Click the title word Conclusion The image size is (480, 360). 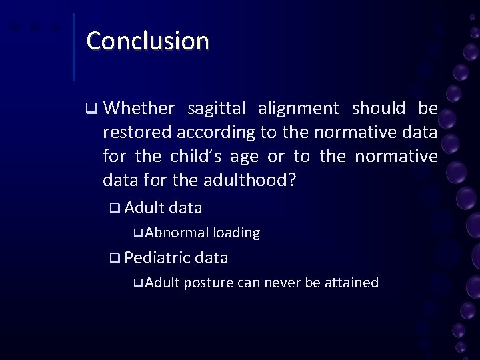click(x=147, y=41)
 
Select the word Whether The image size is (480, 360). click(x=139, y=109)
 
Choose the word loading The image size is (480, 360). click(x=236, y=233)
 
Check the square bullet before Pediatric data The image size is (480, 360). click(x=115, y=258)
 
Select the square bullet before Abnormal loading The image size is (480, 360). click(x=137, y=233)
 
